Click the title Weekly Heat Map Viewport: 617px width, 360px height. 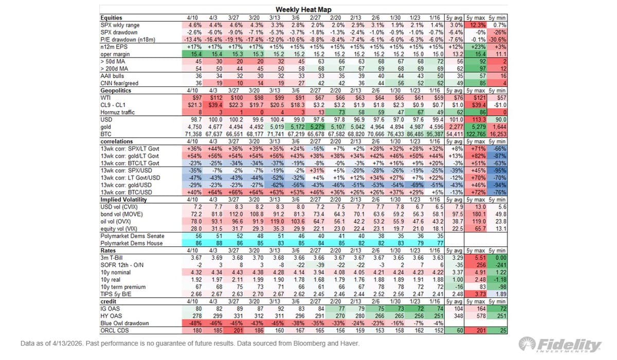[x=303, y=9]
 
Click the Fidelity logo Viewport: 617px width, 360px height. [x=560, y=345]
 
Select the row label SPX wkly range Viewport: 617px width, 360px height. [x=120, y=25]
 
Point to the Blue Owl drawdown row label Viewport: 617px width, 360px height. [x=125, y=323]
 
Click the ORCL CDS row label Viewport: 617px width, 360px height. [x=115, y=330]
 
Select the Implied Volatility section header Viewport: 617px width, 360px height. [x=123, y=199]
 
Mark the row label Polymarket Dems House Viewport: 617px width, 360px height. [x=132, y=243]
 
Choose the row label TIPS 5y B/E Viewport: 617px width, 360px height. [x=117, y=293]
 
